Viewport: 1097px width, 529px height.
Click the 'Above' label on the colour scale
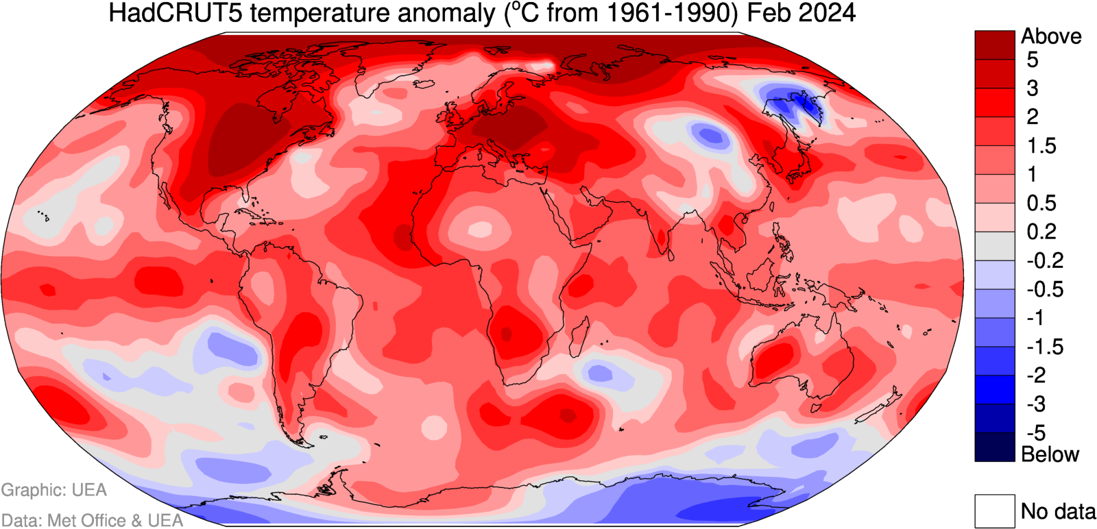pos(1051,36)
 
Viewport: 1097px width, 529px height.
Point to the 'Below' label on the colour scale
pos(1050,454)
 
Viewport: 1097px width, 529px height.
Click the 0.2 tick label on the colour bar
pos(1041,232)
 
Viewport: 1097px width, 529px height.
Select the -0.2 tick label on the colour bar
pos(1044,260)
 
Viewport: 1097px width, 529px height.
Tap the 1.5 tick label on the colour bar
pos(1041,146)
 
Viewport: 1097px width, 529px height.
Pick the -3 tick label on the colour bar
pos(1036,404)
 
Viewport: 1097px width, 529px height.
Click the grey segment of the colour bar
pos(994,246)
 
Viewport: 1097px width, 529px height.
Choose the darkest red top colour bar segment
pos(994,45)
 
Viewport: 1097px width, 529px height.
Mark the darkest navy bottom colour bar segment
pos(994,447)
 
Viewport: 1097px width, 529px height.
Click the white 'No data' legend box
pos(994,511)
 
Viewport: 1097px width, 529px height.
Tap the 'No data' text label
pos(1058,511)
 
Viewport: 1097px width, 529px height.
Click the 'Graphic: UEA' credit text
pos(53,490)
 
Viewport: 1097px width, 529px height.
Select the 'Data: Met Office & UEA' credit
pos(92,520)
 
